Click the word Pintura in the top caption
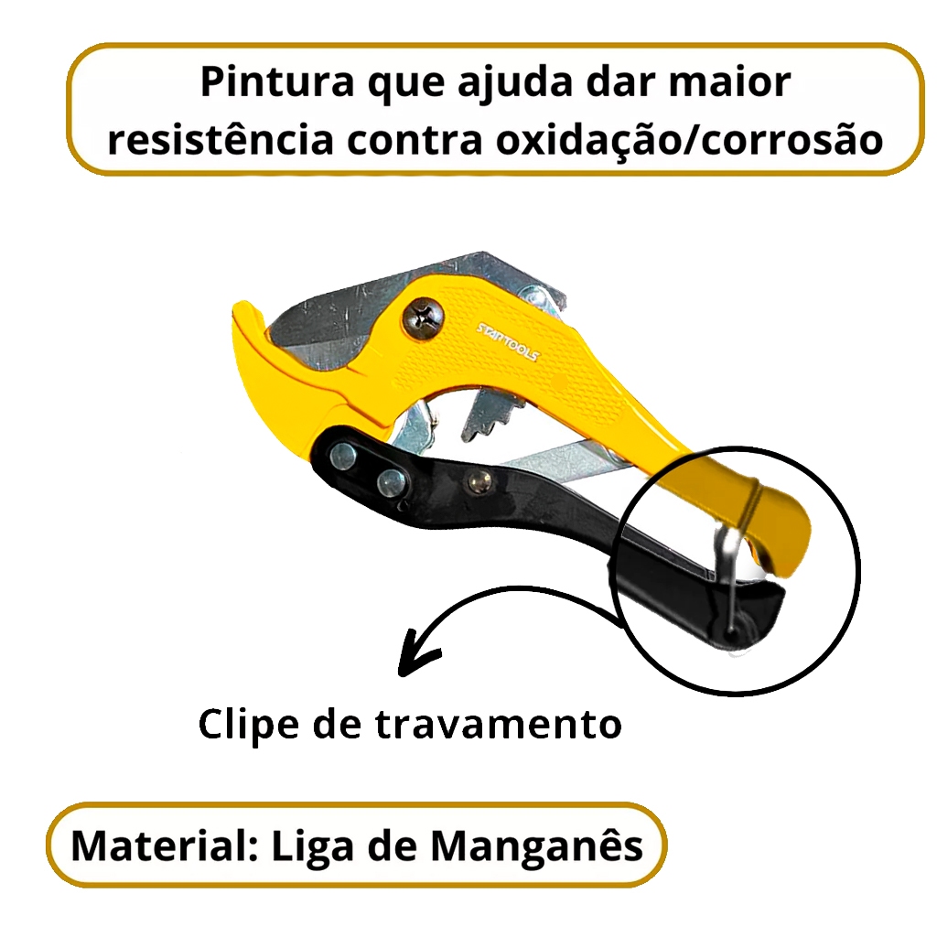click(277, 81)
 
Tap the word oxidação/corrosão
click(689, 140)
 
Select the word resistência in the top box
click(221, 139)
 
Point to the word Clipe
click(249, 726)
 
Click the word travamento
click(499, 725)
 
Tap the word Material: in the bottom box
click(165, 845)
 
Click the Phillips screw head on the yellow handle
click(423, 316)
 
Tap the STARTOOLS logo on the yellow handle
click(508, 343)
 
